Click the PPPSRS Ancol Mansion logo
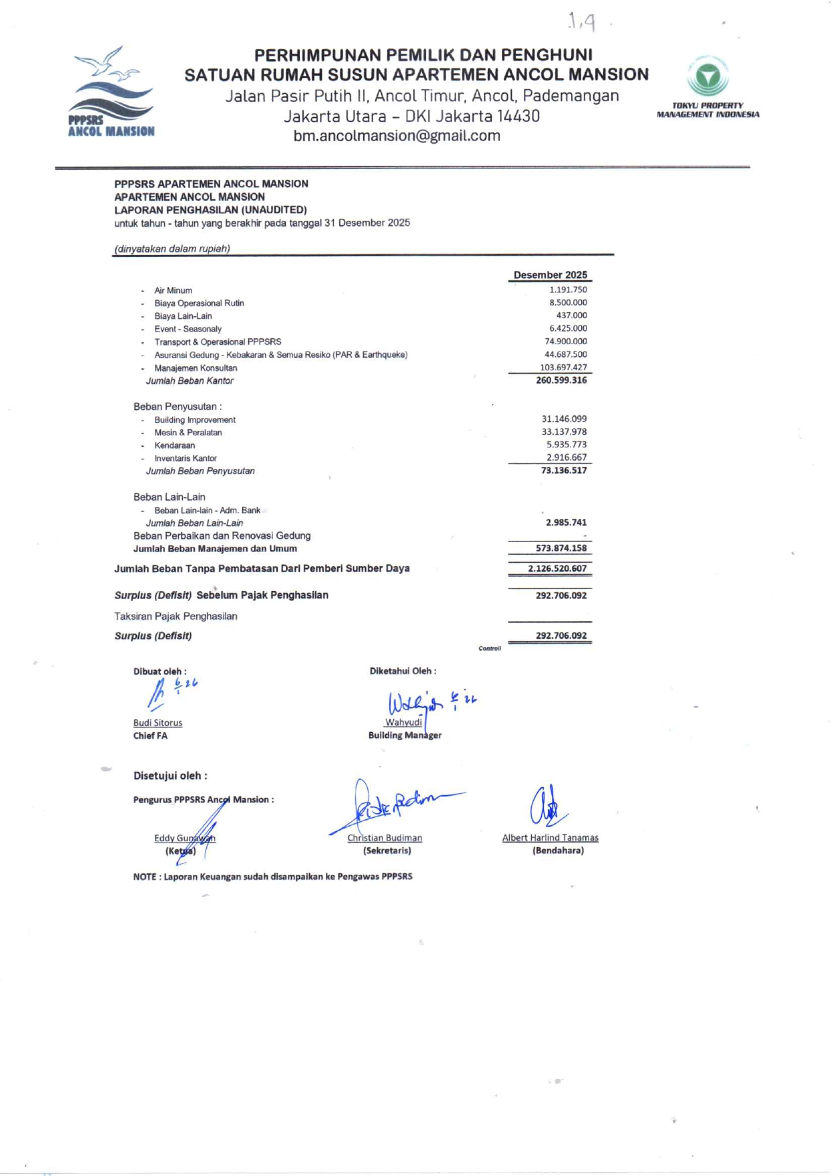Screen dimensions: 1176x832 pyautogui.click(x=111, y=93)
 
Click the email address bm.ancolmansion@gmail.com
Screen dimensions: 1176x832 pyautogui.click(x=397, y=136)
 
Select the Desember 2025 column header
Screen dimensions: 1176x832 pyautogui.click(x=550, y=275)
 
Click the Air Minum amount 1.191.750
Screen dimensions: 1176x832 pyautogui.click(x=568, y=290)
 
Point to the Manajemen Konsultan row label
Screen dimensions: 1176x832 pyautogui.click(x=195, y=368)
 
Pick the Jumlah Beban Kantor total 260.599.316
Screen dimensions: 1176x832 pyautogui.click(x=561, y=380)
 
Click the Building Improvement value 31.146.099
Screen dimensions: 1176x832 pyautogui.click(x=564, y=419)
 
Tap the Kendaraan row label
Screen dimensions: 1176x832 pyautogui.click(x=174, y=445)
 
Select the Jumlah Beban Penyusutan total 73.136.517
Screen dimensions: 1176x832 pyautogui.click(x=564, y=471)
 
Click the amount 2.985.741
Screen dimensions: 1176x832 pyautogui.click(x=566, y=523)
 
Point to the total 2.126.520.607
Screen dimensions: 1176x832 pyautogui.click(x=557, y=569)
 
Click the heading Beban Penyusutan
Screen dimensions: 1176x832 pyautogui.click(x=177, y=407)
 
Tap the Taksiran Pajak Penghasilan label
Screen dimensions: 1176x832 pyautogui.click(x=176, y=617)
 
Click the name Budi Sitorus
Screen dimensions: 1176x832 pyautogui.click(x=158, y=723)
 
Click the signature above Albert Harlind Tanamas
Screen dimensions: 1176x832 pyautogui.click(x=548, y=807)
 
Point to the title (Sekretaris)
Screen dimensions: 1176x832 pyautogui.click(x=387, y=851)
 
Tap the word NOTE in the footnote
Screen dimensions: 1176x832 pyautogui.click(x=144, y=877)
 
